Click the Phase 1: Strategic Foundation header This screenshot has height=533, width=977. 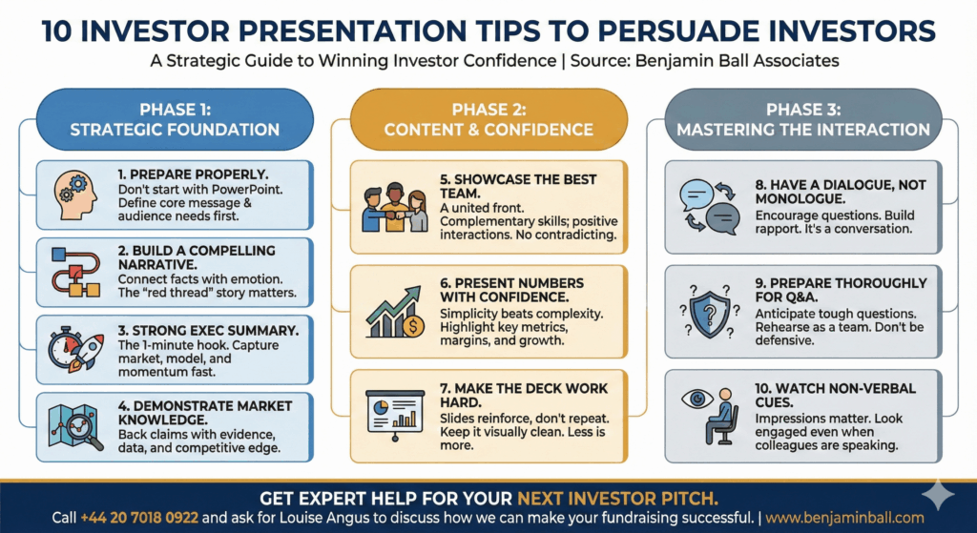175,119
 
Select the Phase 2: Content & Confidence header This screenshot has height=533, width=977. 488,119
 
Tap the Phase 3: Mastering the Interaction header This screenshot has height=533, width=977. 801,119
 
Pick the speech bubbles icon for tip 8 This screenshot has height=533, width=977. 706,206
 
